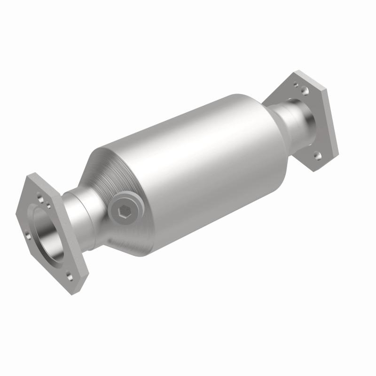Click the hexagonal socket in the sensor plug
(123, 213)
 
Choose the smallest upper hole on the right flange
(296, 86)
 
